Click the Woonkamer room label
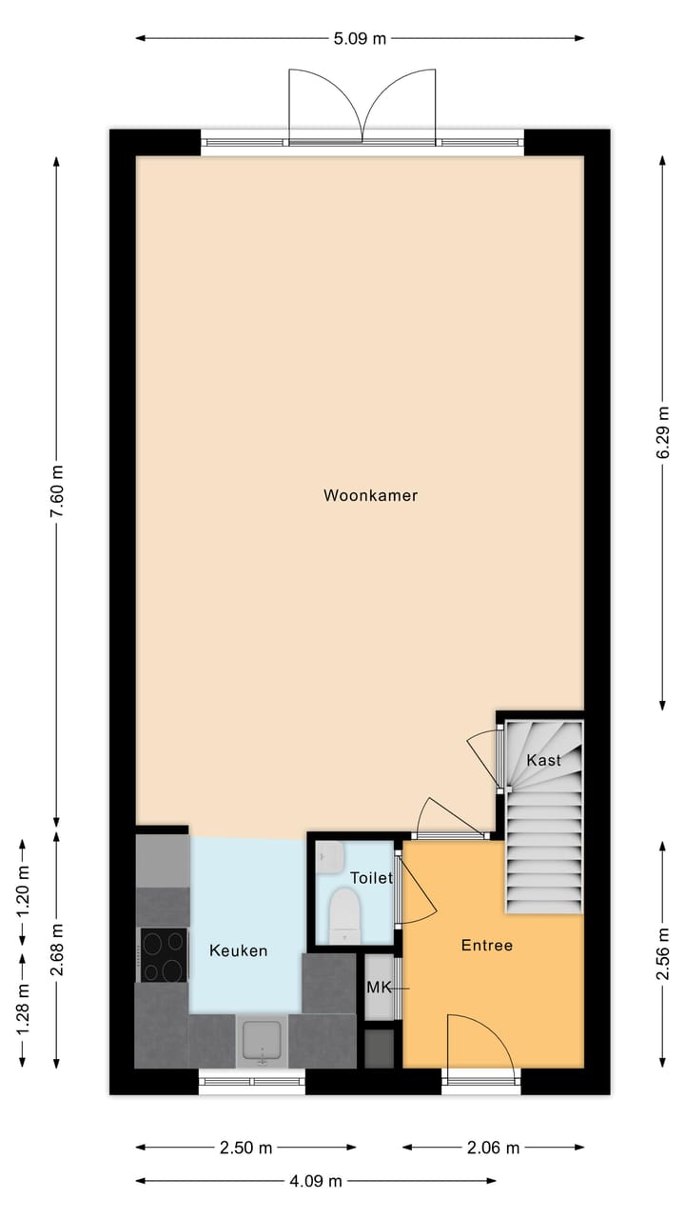point(370,495)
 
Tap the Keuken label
point(238,950)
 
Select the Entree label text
point(486,946)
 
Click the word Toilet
point(371,878)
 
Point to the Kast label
point(544,760)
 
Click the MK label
point(379,988)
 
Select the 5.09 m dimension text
point(360,39)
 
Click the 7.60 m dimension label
point(57,491)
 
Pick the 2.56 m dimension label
point(662,953)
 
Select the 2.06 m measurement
point(494,1148)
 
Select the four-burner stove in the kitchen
point(164,954)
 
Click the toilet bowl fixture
point(342,914)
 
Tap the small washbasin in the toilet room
point(329,856)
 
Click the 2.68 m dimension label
point(57,949)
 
